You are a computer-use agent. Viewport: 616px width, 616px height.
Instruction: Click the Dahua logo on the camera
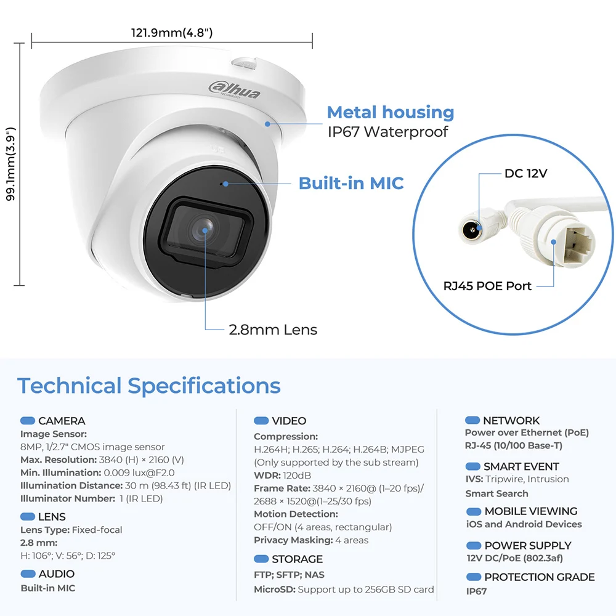[x=234, y=91]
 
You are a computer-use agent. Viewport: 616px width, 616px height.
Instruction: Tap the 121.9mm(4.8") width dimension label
[x=172, y=32]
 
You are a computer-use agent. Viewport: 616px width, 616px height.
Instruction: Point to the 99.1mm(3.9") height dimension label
[x=10, y=164]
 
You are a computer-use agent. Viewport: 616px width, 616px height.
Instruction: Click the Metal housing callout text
[x=391, y=112]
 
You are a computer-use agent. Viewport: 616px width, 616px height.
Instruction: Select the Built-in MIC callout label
[x=351, y=183]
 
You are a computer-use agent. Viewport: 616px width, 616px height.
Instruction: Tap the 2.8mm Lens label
[x=273, y=330]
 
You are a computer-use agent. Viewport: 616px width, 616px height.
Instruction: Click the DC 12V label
[x=525, y=173]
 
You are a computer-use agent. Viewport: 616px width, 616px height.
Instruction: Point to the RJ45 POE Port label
[x=487, y=286]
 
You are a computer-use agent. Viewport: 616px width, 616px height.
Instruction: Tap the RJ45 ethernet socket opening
[x=579, y=245]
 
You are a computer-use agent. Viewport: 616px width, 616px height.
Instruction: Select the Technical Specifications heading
[x=149, y=386]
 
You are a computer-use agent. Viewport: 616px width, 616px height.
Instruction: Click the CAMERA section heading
[x=62, y=421]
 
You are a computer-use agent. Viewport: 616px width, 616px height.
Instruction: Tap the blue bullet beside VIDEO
[x=261, y=421]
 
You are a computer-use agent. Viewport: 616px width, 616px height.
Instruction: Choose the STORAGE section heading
[x=297, y=559]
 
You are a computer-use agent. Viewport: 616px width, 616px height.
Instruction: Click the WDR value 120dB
[x=297, y=476]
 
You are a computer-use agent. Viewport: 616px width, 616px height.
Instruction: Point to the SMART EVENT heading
[x=521, y=466]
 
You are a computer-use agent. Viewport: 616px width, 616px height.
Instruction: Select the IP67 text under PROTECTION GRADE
[x=476, y=591]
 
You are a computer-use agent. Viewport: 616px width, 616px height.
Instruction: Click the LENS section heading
[x=52, y=517]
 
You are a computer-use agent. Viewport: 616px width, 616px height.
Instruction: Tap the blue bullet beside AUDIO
[x=28, y=573]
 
